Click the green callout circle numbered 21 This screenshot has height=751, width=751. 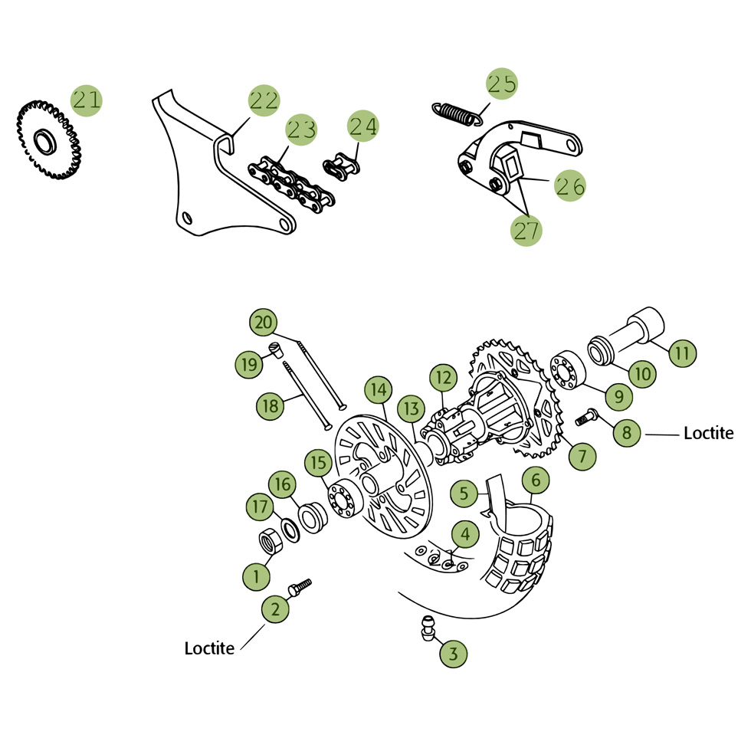(x=87, y=100)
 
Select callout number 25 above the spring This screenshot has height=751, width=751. (x=502, y=84)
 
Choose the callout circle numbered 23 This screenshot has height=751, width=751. (x=301, y=130)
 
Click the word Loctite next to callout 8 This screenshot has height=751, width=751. (x=707, y=434)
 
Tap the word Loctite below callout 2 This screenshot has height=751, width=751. (x=209, y=648)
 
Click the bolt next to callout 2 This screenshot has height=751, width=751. (x=300, y=587)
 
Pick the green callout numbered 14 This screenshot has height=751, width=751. (x=378, y=390)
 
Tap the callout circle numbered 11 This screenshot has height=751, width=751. (x=681, y=353)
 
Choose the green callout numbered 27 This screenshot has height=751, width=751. (x=526, y=230)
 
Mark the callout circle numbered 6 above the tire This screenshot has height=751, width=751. (x=536, y=481)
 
